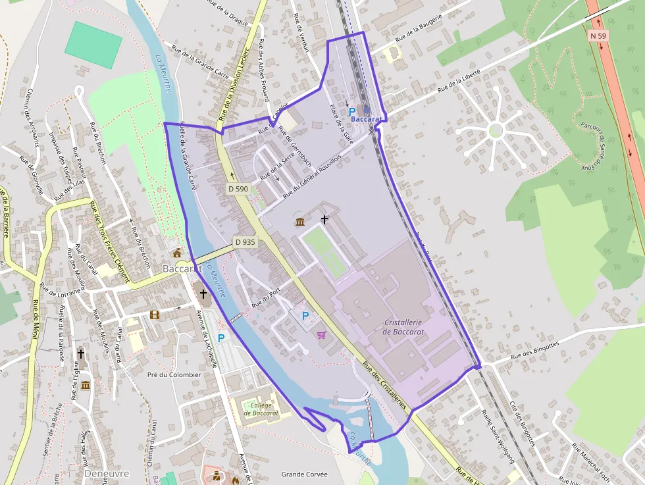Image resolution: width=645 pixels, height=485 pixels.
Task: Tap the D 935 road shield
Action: coord(245,242)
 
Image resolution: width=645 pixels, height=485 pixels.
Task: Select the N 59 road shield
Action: coord(597,36)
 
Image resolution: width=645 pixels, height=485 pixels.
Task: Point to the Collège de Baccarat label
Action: coord(261,409)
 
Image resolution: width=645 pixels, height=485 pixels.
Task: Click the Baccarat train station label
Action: coord(367,119)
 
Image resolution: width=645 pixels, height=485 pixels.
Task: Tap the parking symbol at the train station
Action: coord(351,112)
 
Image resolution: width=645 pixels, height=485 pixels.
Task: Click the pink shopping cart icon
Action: coord(321,334)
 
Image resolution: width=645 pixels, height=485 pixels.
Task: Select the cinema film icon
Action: coord(155,315)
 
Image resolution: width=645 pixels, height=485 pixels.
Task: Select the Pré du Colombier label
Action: coord(174,374)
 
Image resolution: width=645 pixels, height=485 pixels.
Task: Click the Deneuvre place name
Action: coord(107,473)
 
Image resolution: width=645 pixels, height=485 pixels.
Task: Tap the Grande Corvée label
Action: coord(303,474)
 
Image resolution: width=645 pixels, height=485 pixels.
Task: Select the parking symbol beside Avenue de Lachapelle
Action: coord(221,338)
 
